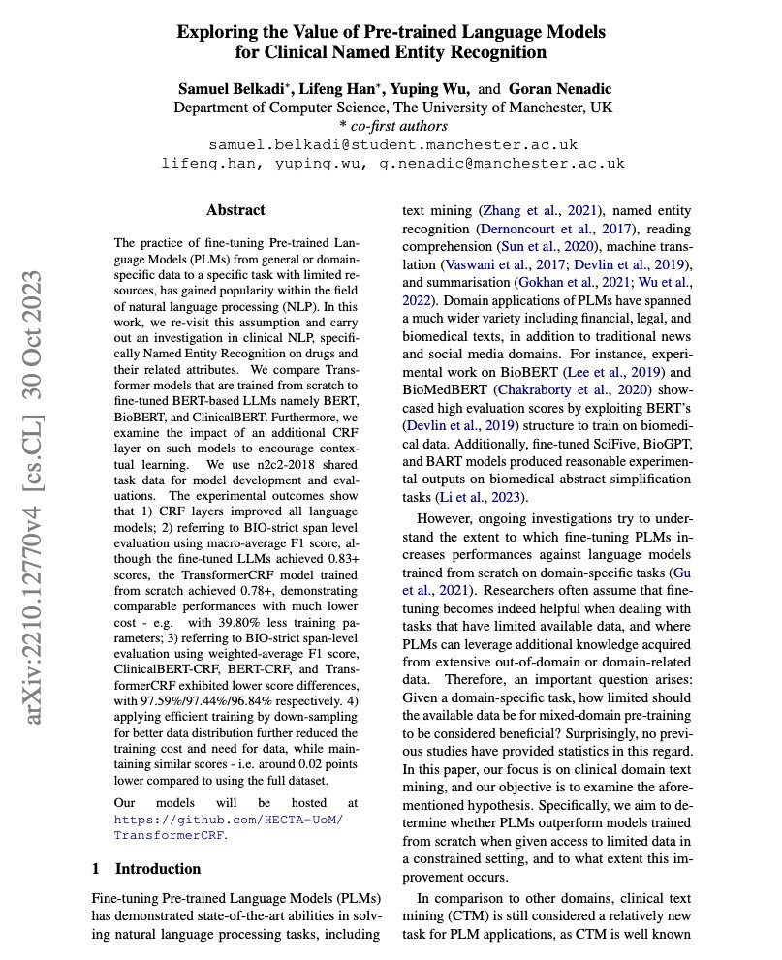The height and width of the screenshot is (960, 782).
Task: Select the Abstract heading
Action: tap(235, 209)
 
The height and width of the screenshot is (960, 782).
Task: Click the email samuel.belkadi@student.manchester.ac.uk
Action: tap(393, 144)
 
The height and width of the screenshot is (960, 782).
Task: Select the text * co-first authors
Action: tap(392, 126)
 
